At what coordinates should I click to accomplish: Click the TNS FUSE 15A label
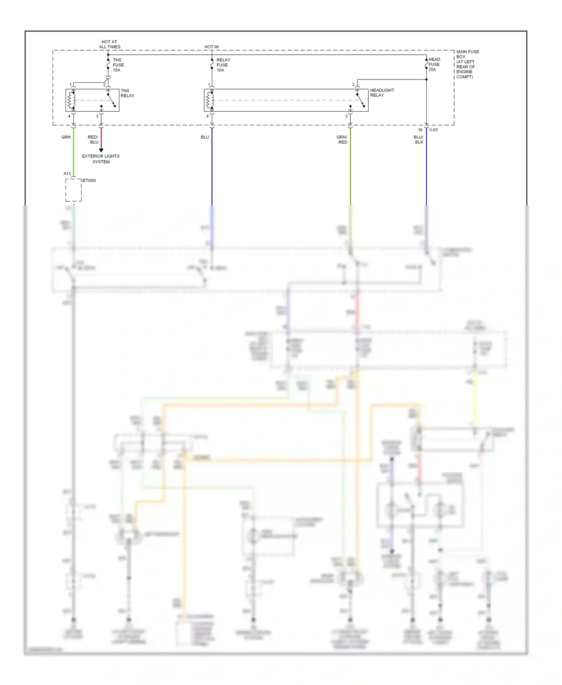[118, 65]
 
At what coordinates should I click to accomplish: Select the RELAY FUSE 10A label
[223, 65]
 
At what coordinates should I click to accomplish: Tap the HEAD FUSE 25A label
[434, 64]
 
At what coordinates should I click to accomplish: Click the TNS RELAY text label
[127, 93]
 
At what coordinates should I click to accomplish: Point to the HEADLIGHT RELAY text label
[382, 93]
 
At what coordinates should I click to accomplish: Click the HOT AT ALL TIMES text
[109, 44]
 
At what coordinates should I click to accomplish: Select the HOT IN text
[211, 47]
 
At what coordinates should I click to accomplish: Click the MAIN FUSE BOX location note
[467, 64]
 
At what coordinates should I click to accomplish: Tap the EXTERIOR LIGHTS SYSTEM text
[101, 159]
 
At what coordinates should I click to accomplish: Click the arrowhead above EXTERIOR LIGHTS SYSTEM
[101, 150]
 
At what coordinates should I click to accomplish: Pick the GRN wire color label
[66, 137]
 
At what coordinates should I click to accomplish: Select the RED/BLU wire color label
[93, 139]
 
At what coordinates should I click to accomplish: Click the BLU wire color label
[205, 137]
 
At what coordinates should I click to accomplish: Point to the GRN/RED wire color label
[342, 139]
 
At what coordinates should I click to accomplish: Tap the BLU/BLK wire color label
[418, 139]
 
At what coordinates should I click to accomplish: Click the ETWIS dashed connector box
[73, 190]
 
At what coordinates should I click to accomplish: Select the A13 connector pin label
[67, 173]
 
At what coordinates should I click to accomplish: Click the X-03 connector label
[433, 130]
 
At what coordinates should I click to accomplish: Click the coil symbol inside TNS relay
[71, 100]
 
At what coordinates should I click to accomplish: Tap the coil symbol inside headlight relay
[210, 100]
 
